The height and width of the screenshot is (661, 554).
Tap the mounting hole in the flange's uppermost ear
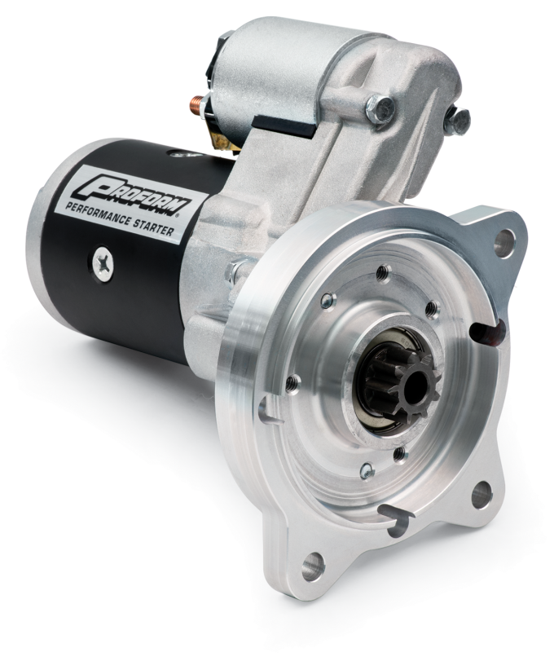tap(505, 238)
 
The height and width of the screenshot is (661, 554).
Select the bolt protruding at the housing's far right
tap(460, 121)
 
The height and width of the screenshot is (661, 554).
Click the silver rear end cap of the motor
tap(37, 245)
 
